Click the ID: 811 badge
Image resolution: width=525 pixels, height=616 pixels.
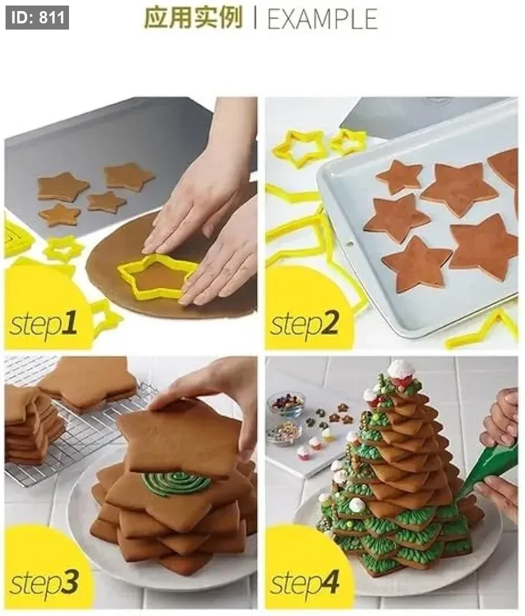(38, 18)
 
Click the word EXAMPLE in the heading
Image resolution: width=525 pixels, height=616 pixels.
(322, 19)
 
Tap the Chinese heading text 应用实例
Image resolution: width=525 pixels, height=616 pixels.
(193, 18)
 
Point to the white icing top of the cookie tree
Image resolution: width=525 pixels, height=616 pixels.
(401, 371)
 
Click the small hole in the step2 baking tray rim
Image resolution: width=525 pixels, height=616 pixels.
(350, 244)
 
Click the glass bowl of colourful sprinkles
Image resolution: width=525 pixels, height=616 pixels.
(283, 432)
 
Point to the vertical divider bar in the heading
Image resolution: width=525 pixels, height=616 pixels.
(256, 18)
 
